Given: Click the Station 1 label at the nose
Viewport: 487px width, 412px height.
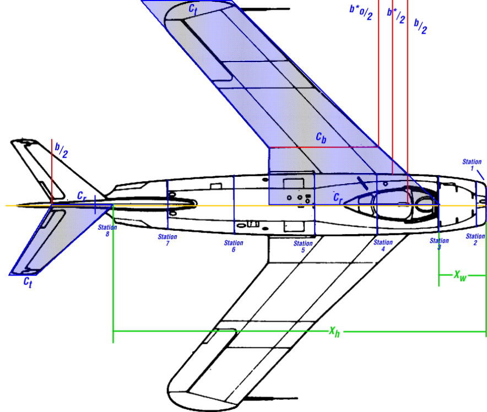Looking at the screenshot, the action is pyautogui.click(x=472, y=165).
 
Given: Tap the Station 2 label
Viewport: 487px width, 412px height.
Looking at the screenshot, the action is pyautogui.click(x=475, y=240).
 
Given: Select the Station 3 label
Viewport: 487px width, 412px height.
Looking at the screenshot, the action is pyautogui.click(x=439, y=243).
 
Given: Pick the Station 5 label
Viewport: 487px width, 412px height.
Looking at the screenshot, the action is pyautogui.click(x=303, y=247).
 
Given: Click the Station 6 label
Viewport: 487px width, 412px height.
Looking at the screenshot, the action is pyautogui.click(x=234, y=246).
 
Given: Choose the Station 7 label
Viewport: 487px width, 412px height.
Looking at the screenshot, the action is pyautogui.click(x=167, y=241).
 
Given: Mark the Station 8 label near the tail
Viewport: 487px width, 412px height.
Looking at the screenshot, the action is pyautogui.click(x=107, y=230).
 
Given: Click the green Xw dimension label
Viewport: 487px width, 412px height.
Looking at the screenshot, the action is pyautogui.click(x=459, y=275).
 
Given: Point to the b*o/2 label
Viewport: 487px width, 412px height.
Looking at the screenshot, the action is pyautogui.click(x=361, y=12).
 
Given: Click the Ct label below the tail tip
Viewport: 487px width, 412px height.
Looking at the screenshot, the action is pyautogui.click(x=28, y=281).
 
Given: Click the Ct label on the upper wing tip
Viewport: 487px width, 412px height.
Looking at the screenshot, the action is pyautogui.click(x=193, y=8).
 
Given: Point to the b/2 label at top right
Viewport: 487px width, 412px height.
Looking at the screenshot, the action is pyautogui.click(x=420, y=26).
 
